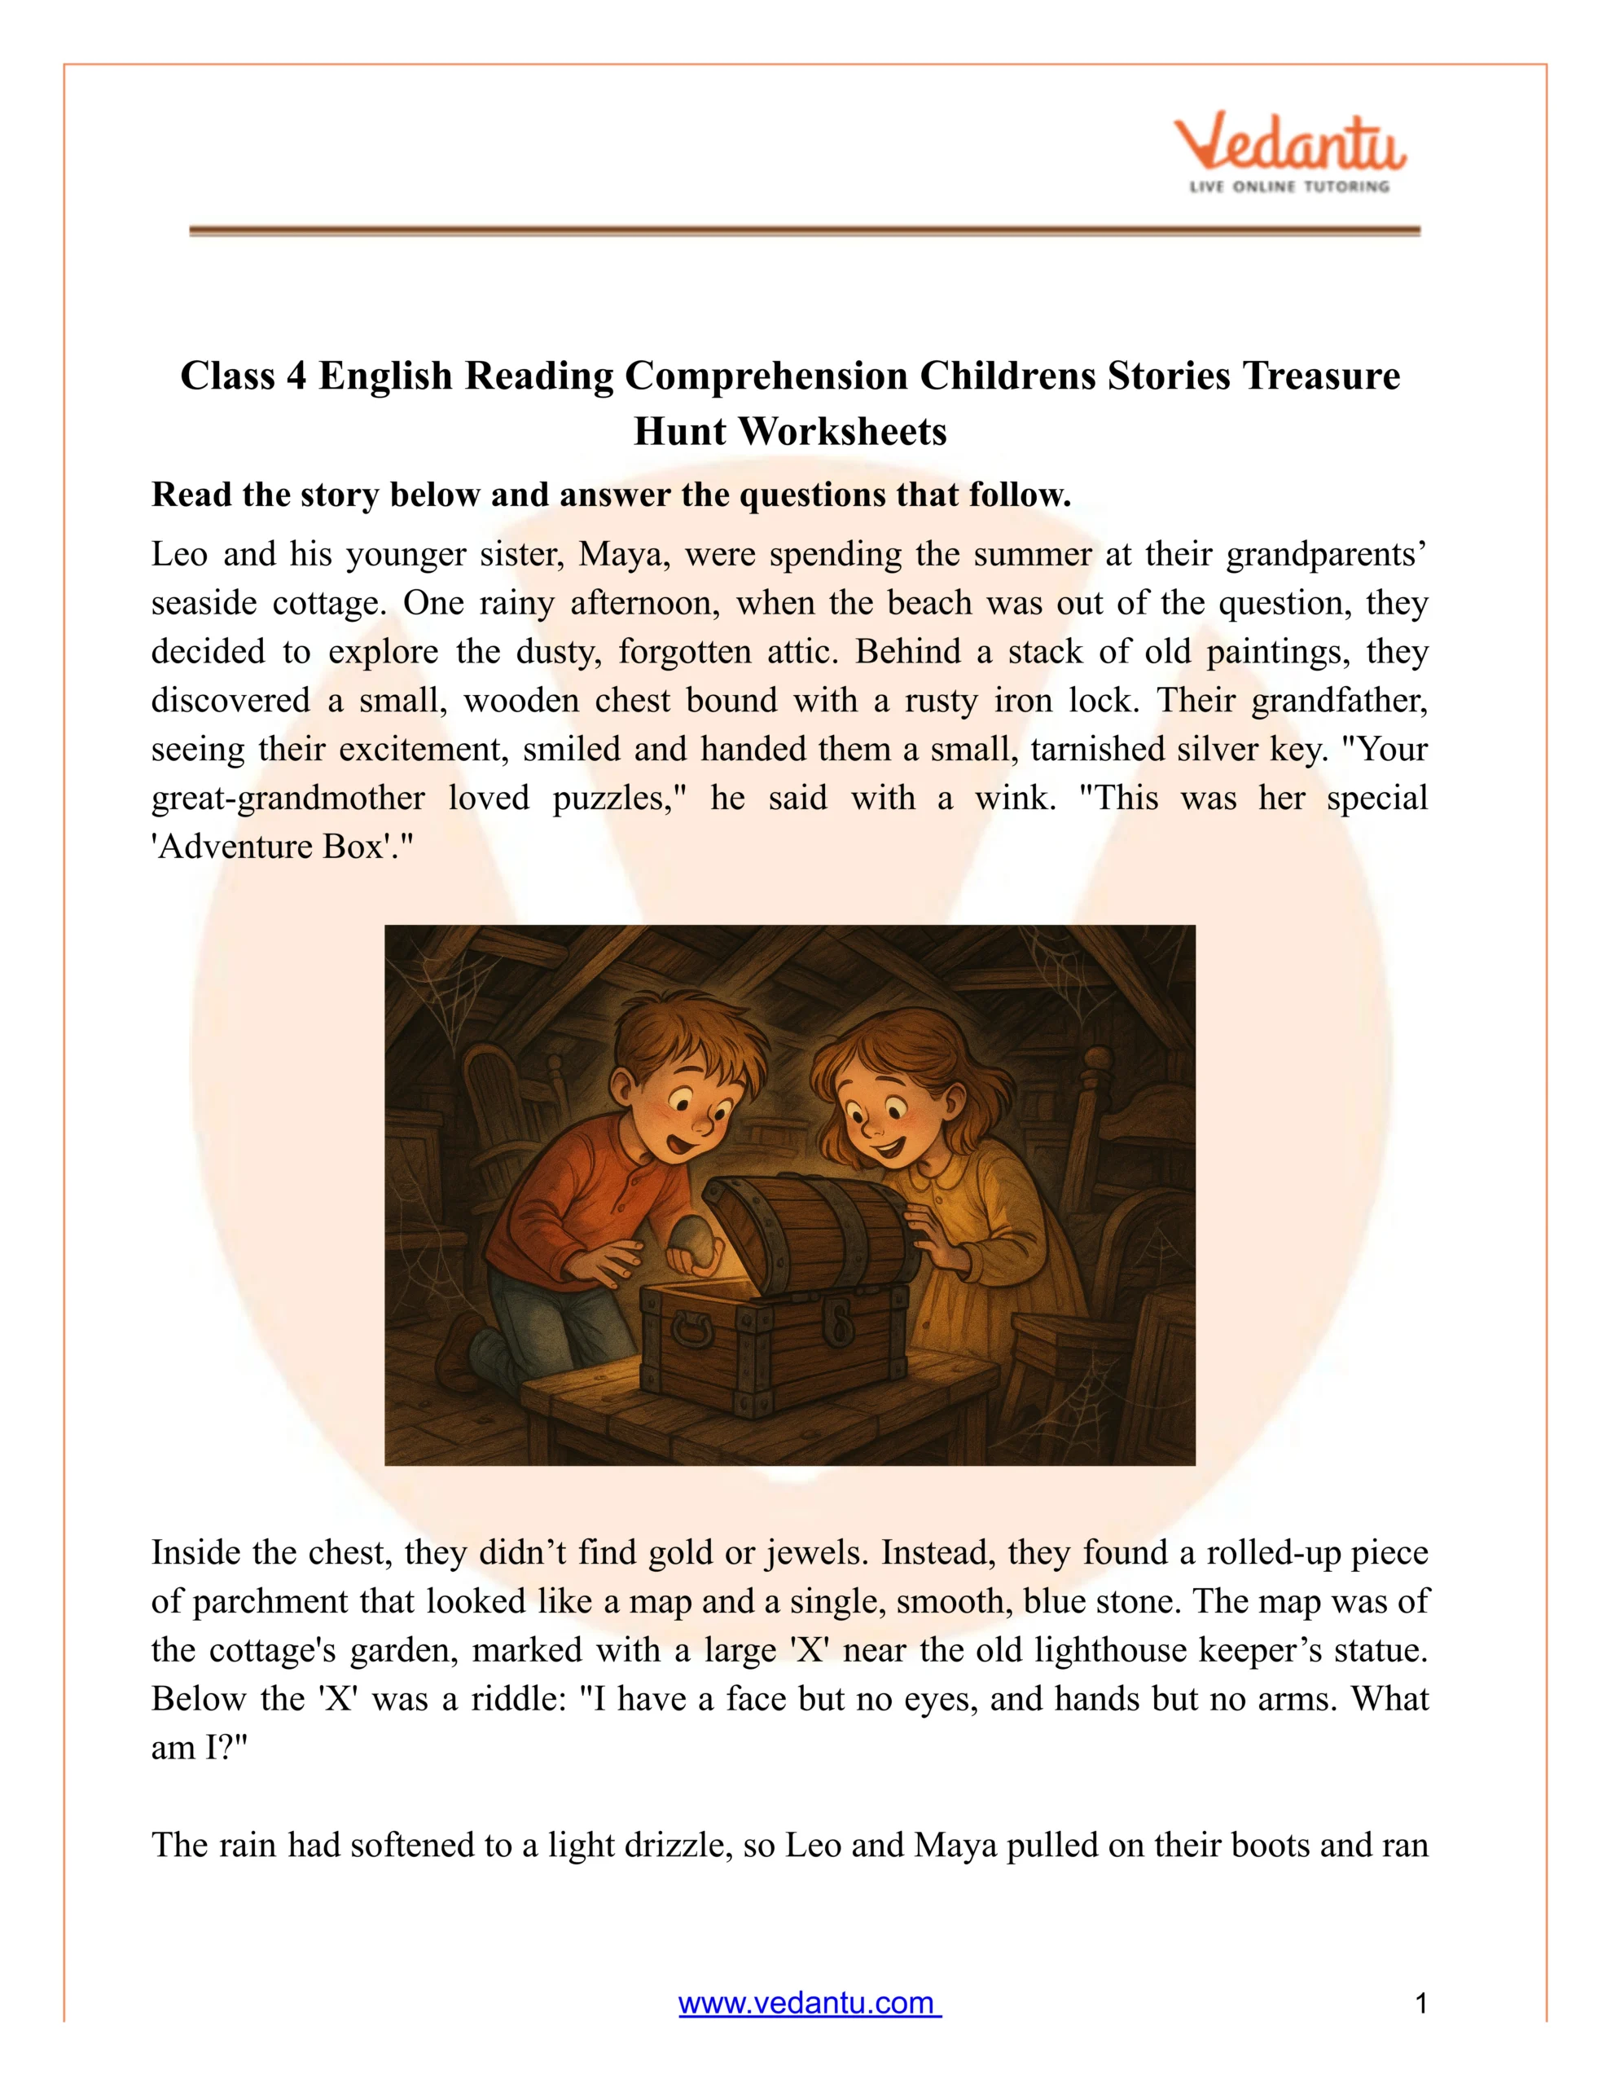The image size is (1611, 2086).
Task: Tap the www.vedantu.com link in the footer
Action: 809,2002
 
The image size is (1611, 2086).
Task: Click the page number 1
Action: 1420,2003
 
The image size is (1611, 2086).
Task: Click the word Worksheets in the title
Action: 842,432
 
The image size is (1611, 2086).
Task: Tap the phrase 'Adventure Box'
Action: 277,847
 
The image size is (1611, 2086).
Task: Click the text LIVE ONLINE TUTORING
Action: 1289,187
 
